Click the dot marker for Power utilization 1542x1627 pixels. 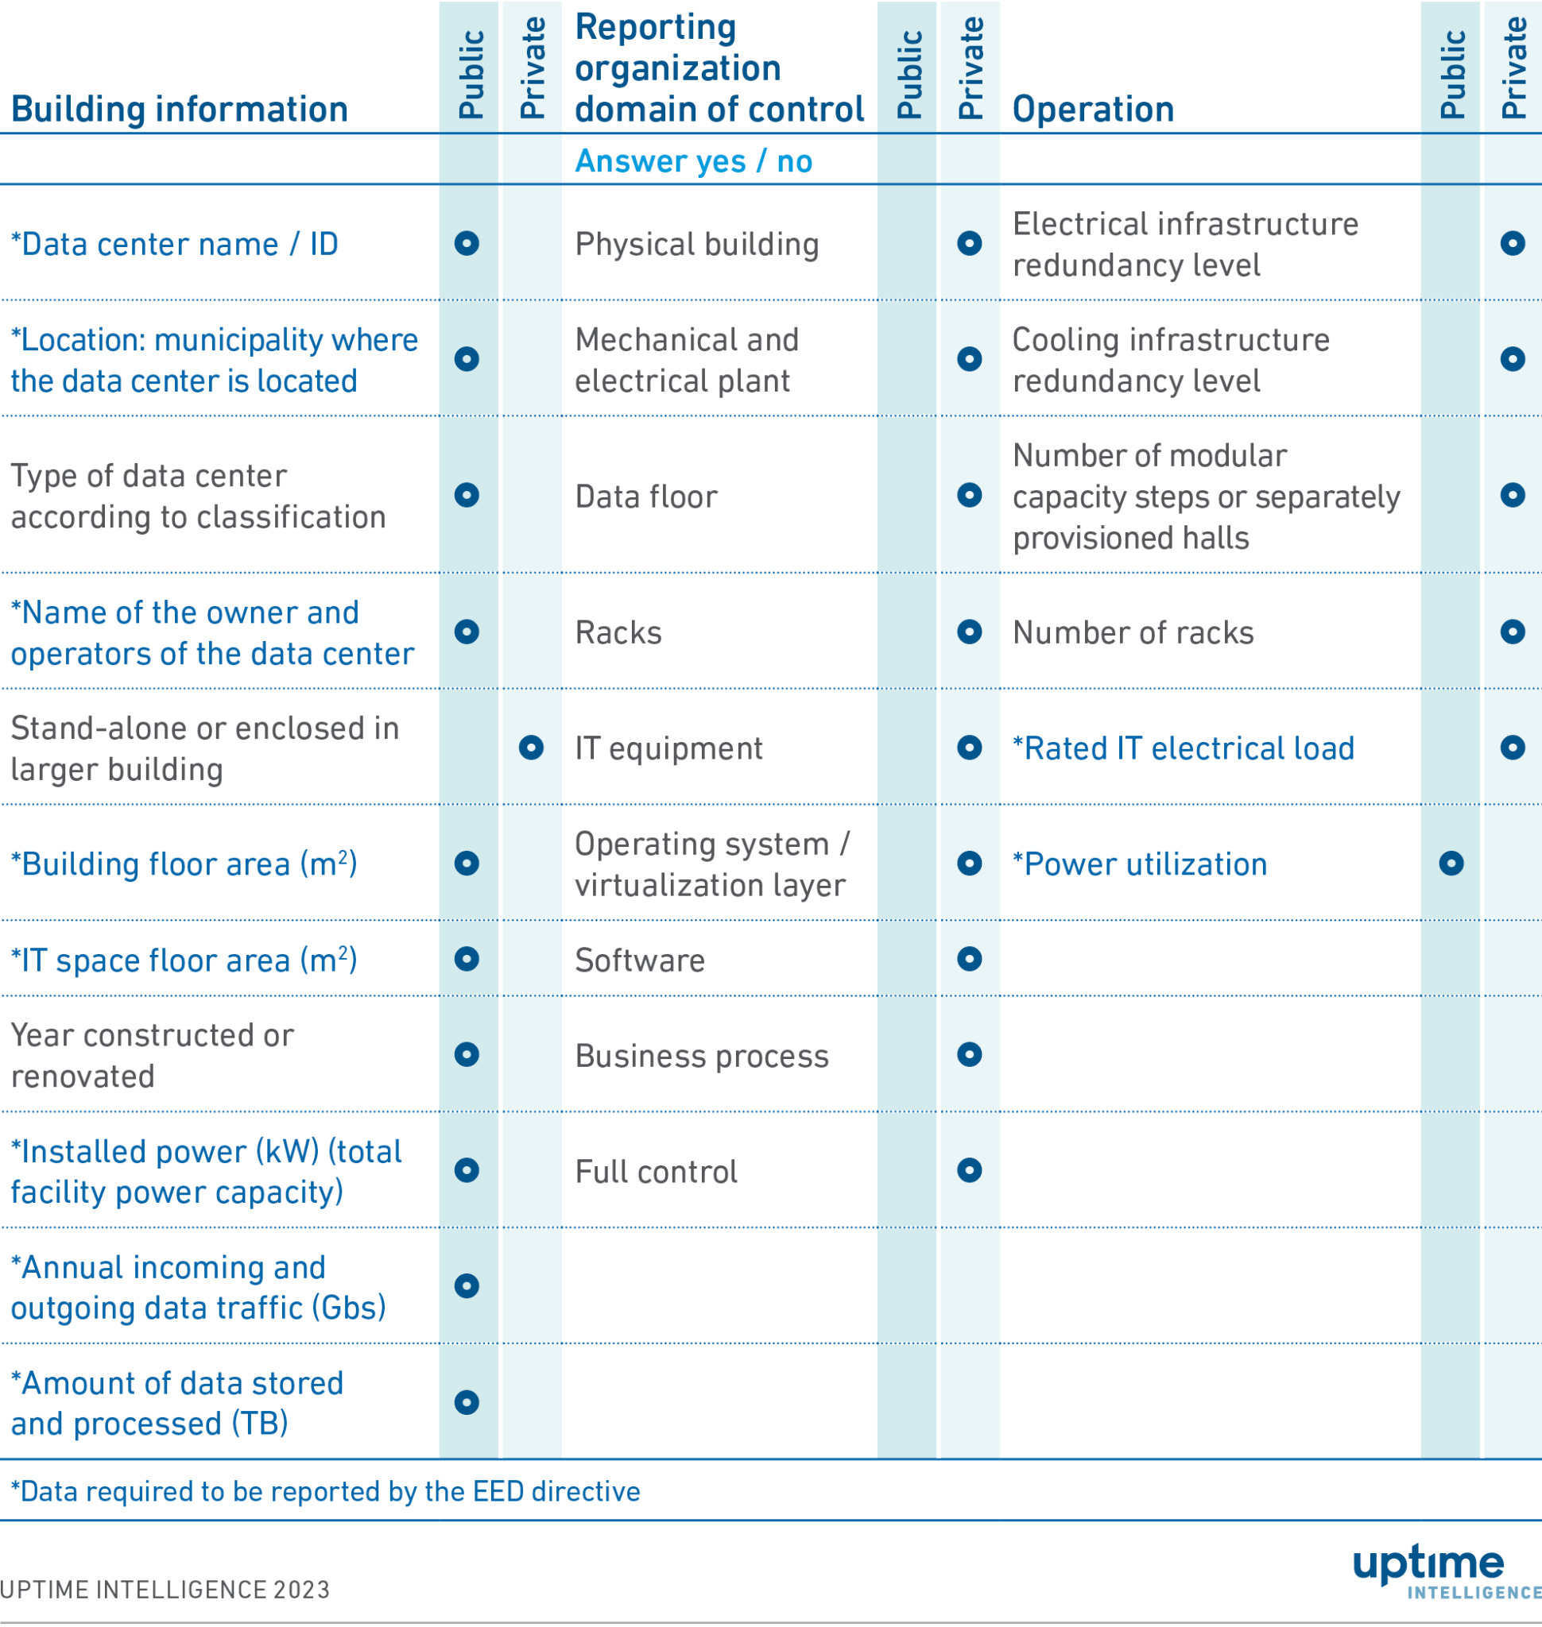tap(1451, 863)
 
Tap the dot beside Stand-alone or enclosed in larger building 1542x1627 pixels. tap(531, 747)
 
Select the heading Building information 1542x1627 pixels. tap(179, 110)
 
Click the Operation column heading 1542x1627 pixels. tap(1092, 110)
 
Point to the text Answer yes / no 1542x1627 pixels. tap(693, 161)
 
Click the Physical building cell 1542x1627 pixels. tap(696, 244)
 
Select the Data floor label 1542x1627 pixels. tap(646, 497)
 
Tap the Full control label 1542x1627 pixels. tap(656, 1171)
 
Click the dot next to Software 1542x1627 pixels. tap(969, 959)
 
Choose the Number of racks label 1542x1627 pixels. tap(1133, 632)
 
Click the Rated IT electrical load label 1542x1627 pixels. tap(1183, 748)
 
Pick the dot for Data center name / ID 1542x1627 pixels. tap(467, 243)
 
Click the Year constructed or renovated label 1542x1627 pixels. tap(152, 1055)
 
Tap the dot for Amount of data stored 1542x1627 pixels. tap(467, 1402)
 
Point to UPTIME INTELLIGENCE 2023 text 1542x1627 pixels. tap(165, 1589)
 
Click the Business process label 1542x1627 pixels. tap(701, 1056)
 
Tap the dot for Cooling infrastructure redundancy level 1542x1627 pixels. tap(1513, 359)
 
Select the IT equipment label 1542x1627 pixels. tap(668, 748)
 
